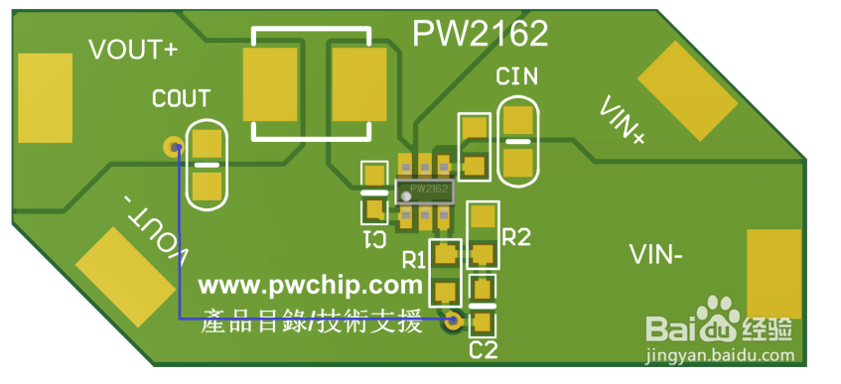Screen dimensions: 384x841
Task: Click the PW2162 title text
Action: pos(481,35)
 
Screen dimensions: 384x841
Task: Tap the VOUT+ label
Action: pos(133,50)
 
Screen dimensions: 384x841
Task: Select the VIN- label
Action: pos(655,256)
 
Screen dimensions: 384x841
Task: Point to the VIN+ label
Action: pos(623,122)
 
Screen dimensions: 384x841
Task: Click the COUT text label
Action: pos(181,98)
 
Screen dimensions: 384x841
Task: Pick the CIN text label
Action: pos(516,76)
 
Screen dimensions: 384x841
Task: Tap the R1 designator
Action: pos(414,260)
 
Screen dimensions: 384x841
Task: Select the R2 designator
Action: pos(517,237)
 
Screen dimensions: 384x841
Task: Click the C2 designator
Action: pos(483,349)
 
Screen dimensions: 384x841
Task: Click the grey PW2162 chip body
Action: pos(424,189)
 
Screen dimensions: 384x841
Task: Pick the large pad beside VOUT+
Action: pos(45,97)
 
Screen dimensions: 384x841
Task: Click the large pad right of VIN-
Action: pos(772,274)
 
